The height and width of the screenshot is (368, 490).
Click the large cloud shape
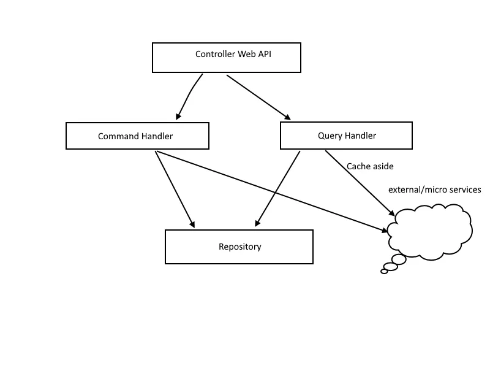pos(432,232)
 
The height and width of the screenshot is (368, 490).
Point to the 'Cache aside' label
pos(370,166)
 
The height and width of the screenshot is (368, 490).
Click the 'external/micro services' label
pos(434,190)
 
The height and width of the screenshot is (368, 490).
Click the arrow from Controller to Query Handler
pos(258,96)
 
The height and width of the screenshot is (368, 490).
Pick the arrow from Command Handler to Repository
pos(175,188)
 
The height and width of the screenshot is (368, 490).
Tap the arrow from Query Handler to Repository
pos(277,188)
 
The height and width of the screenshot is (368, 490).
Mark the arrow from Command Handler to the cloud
pos(269,190)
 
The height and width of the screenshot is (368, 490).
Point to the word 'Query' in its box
pos(330,136)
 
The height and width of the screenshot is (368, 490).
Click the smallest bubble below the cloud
pos(384,271)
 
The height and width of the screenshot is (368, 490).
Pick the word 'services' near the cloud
pos(464,190)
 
